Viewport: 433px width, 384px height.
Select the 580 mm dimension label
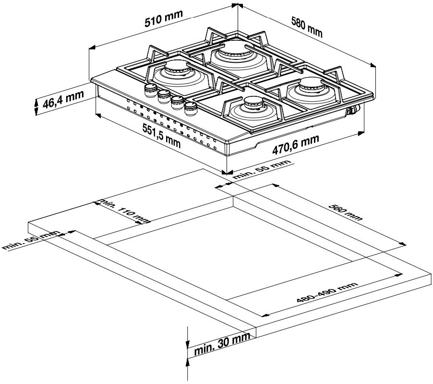point(307,27)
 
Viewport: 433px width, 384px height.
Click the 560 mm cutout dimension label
point(345,211)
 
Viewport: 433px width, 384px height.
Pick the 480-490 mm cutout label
point(327,292)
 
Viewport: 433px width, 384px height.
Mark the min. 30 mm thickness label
point(223,346)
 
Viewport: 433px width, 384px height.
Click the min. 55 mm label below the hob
point(262,170)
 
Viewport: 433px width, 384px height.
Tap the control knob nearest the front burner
point(191,107)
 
